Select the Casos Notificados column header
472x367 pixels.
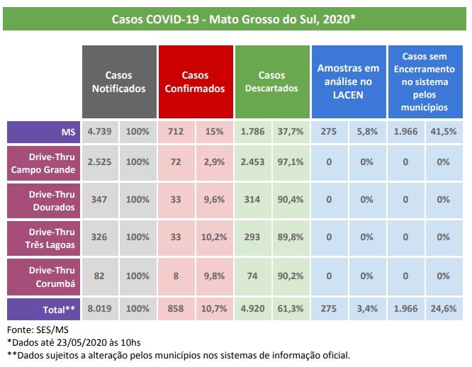point(119,82)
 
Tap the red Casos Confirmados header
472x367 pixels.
point(195,82)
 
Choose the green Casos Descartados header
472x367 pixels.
point(271,82)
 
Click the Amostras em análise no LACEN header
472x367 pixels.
point(348,82)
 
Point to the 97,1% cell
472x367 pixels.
point(291,163)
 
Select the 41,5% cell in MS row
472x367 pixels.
point(444,131)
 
